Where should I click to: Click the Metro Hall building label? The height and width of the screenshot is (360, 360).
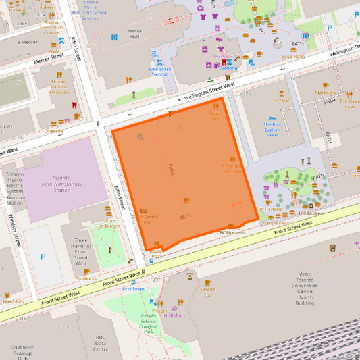(134, 34)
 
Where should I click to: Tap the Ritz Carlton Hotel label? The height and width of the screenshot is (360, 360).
(272, 130)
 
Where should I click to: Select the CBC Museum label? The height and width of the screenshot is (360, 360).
(230, 232)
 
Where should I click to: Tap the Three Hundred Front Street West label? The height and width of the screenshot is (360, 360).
(81, 252)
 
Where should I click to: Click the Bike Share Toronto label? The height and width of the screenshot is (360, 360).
(159, 71)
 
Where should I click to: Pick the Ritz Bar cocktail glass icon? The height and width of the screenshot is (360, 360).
(281, 93)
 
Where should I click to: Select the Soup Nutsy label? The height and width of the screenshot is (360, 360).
(294, 56)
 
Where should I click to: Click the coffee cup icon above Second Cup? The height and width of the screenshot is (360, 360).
(207, 282)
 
